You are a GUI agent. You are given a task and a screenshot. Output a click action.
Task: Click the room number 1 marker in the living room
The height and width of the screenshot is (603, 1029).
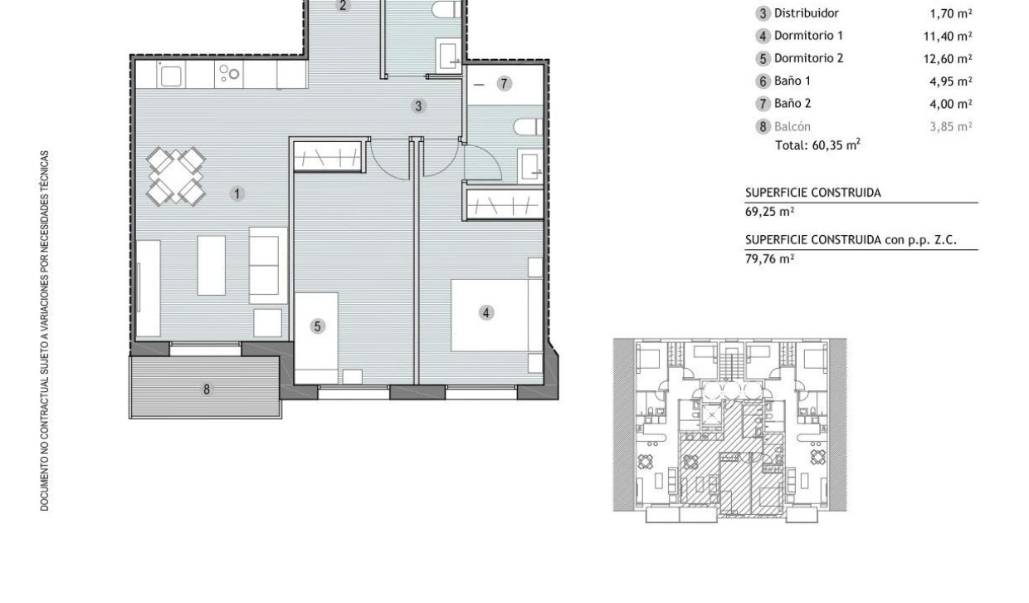coord(237,194)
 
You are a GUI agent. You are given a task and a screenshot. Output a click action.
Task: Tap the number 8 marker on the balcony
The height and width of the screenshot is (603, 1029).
coord(207,390)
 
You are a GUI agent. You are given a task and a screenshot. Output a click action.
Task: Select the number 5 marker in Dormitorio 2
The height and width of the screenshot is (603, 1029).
coord(318,326)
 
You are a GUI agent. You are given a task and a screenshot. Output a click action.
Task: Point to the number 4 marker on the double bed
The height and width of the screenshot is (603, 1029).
coord(486,313)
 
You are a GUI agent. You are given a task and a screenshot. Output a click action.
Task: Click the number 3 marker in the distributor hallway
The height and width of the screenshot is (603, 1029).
coord(418,106)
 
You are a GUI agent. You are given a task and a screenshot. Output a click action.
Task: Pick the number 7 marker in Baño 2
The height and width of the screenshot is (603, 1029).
coord(504,84)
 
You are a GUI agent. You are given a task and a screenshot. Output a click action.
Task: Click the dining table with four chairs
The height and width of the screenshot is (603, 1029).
coord(175,176)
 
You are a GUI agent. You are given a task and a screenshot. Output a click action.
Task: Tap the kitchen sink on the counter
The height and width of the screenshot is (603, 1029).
coord(170,76)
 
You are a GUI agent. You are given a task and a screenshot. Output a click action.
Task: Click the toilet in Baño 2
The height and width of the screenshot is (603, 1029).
coord(528,127)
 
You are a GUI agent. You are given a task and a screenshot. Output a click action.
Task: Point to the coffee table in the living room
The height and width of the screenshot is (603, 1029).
coord(212,266)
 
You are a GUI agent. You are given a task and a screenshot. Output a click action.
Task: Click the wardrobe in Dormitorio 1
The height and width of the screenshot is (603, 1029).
coord(504,203)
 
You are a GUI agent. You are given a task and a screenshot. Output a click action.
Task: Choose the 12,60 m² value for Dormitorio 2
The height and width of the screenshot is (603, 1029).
coord(948,59)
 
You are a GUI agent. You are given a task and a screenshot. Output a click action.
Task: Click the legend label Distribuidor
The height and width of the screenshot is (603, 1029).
coord(807,13)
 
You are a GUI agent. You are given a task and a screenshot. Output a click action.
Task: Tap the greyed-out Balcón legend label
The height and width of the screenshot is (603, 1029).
coord(792,126)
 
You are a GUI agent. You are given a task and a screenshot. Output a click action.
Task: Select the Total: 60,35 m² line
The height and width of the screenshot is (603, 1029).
coord(817,145)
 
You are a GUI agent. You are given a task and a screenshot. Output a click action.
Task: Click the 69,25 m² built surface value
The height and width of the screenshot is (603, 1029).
coord(769,212)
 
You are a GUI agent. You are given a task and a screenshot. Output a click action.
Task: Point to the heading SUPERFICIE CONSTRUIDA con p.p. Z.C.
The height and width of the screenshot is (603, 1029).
coord(851,240)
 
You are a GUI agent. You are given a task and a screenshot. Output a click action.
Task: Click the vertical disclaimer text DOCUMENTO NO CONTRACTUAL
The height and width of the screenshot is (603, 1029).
coord(45,331)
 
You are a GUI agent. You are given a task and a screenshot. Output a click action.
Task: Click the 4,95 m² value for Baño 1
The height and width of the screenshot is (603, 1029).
coord(950,81)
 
